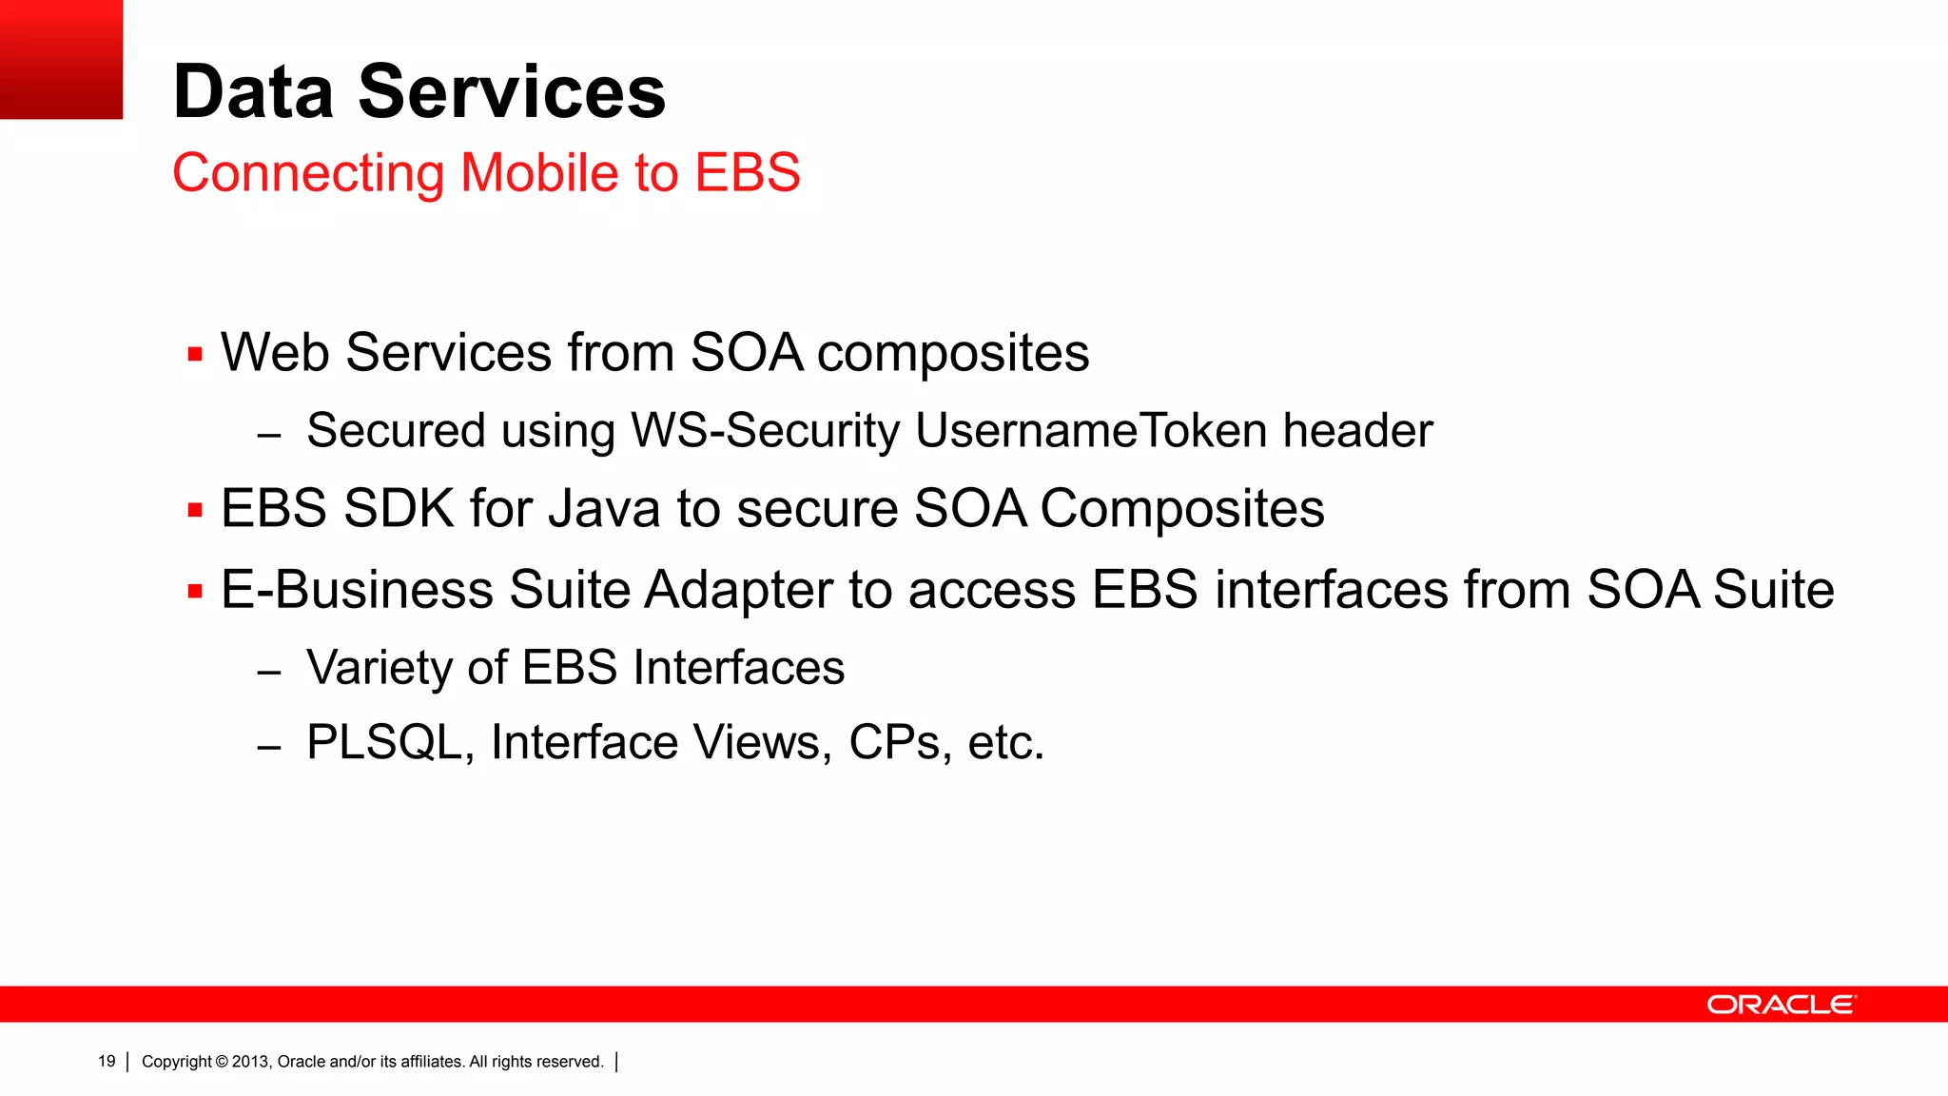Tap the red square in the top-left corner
pyautogui.click(x=61, y=59)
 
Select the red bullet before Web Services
pyautogui.click(x=196, y=356)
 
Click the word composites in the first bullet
pyautogui.click(x=952, y=354)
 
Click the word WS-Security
pyautogui.click(x=765, y=430)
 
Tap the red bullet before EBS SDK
pyautogui.click(x=196, y=511)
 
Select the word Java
pyautogui.click(x=604, y=508)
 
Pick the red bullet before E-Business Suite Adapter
pyautogui.click(x=196, y=592)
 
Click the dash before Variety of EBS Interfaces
pyautogui.click(x=269, y=673)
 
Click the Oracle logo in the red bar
pyautogui.click(x=1781, y=1005)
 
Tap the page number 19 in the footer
pyautogui.click(x=107, y=1062)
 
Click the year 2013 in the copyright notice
pyautogui.click(x=251, y=1062)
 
